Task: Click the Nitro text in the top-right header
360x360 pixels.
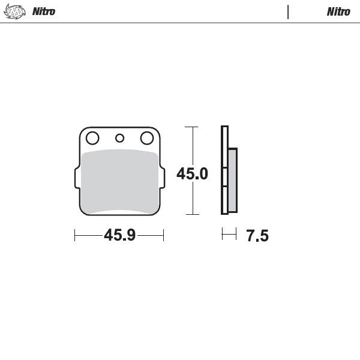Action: pos(338,11)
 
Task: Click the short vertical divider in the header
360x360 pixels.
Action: pos(288,11)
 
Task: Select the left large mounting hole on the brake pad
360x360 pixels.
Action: pos(92,139)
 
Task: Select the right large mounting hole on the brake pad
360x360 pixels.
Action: pos(146,139)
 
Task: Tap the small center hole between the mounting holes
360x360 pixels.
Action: pos(119,139)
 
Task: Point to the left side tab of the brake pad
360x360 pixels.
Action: pos(76,179)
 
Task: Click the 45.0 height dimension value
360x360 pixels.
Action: pos(192,174)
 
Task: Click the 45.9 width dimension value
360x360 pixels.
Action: pos(119,235)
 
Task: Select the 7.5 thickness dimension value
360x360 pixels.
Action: pos(257,236)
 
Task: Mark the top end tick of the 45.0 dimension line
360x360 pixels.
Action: pos(191,127)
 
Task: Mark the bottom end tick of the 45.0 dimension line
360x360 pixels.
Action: pos(191,214)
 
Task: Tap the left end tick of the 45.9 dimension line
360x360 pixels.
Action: pos(74,235)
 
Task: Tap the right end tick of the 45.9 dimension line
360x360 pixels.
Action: pos(164,235)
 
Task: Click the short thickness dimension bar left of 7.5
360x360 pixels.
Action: pos(229,235)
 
